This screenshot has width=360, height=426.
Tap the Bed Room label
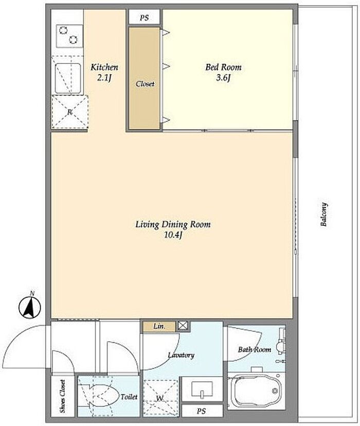[223, 67]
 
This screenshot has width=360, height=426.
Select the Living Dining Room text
[173, 224]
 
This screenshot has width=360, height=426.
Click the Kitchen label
[104, 67]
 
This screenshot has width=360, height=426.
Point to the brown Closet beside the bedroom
[145, 78]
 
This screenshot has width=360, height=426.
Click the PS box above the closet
[145, 17]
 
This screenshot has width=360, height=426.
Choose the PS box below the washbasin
[202, 411]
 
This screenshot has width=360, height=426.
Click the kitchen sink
[68, 79]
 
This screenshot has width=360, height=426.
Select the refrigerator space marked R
[70, 112]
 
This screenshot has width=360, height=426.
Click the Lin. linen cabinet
[159, 326]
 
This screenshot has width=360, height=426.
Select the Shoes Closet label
[63, 396]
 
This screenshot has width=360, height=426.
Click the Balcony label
[323, 215]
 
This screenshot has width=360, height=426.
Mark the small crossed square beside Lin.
[183, 326]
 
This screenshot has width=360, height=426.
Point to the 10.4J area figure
[173, 235]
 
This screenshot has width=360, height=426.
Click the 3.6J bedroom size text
[223, 78]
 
